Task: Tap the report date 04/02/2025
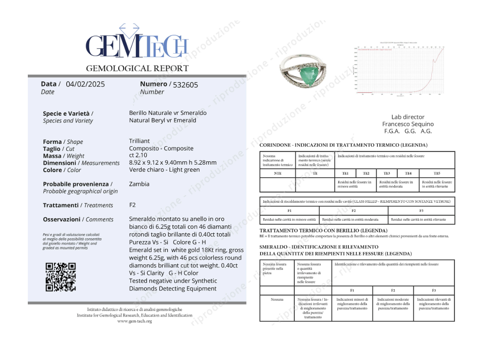click(x=85, y=84)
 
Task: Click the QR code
click(x=61, y=277)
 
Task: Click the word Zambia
click(x=139, y=184)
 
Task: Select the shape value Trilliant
click(x=139, y=141)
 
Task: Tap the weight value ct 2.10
click(x=138, y=155)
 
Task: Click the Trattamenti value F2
click(x=132, y=205)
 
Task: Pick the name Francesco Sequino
click(x=408, y=124)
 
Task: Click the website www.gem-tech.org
click(x=135, y=321)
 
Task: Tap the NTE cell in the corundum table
click(x=277, y=173)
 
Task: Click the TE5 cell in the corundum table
click(x=437, y=173)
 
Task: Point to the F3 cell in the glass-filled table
click(x=421, y=210)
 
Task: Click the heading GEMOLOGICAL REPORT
click(x=137, y=69)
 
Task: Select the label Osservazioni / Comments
click(x=78, y=219)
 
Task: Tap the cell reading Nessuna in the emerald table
click(x=277, y=300)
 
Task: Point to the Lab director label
click(x=408, y=117)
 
